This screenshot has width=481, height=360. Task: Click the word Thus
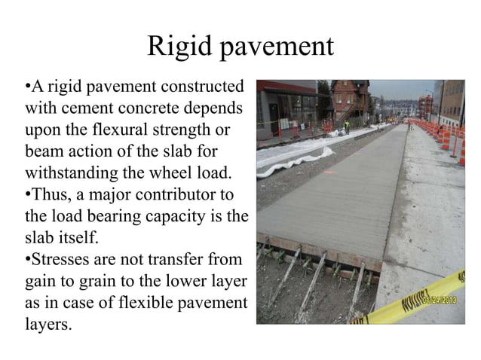pyautogui.click(x=51, y=183)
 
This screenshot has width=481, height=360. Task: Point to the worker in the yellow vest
pyautogui.click(x=346, y=125)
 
